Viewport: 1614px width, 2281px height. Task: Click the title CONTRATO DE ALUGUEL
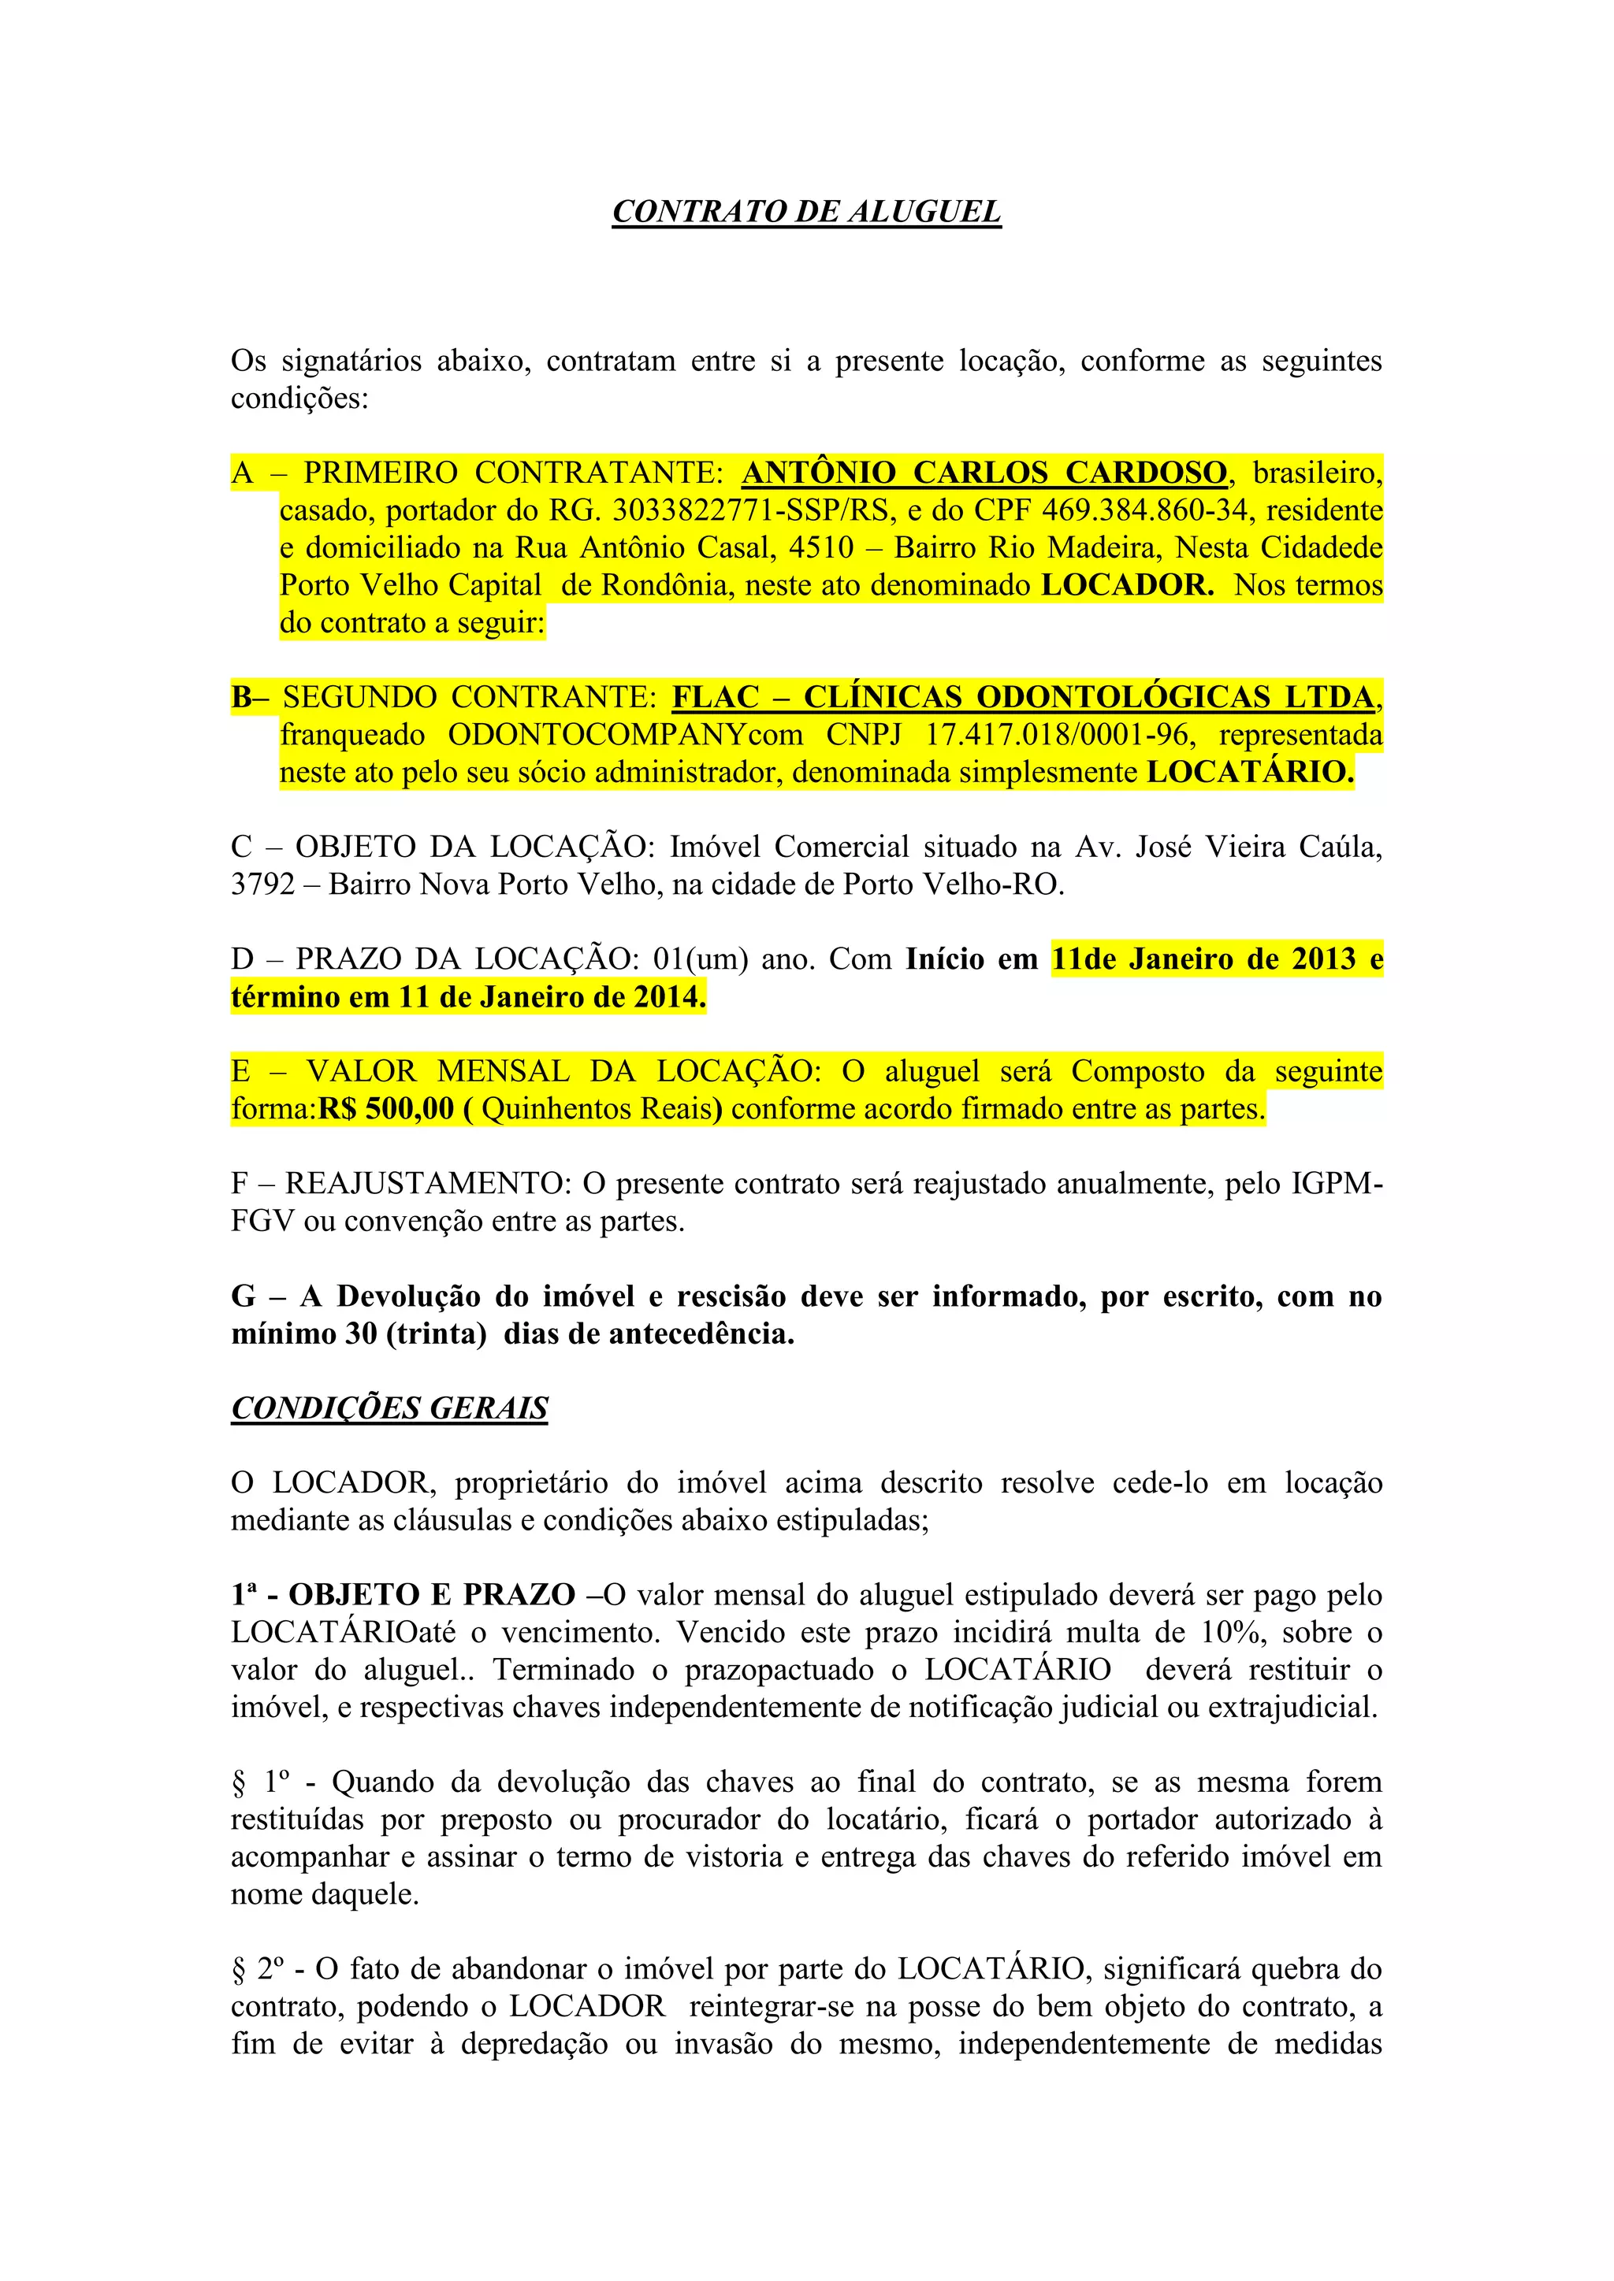[x=806, y=212]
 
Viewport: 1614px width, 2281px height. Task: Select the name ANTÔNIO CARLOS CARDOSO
[x=984, y=473]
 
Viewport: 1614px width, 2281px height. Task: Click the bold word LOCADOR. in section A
[x=1127, y=585]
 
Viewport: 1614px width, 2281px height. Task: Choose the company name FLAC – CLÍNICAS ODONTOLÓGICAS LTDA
[x=1024, y=697]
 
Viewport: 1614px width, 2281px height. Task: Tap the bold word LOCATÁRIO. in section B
[x=1249, y=773]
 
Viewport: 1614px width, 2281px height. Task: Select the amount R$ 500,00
[x=385, y=1109]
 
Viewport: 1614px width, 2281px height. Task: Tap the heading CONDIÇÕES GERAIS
[x=389, y=1409]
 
